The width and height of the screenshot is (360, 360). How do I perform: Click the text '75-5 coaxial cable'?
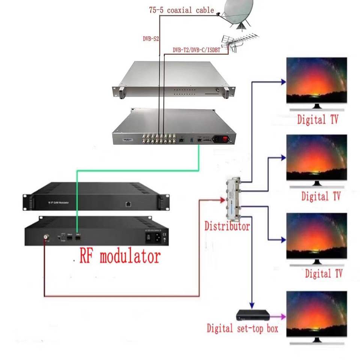point(181,10)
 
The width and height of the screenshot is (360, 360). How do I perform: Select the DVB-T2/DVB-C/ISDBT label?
point(196,49)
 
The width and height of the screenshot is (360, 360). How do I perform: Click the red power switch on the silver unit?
point(225,140)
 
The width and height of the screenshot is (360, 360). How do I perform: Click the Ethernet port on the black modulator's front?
point(128,204)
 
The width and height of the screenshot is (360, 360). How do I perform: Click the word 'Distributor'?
point(227,226)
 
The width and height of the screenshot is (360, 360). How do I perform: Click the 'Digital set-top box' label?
point(243,329)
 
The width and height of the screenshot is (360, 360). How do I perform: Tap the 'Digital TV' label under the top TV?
point(318,120)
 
